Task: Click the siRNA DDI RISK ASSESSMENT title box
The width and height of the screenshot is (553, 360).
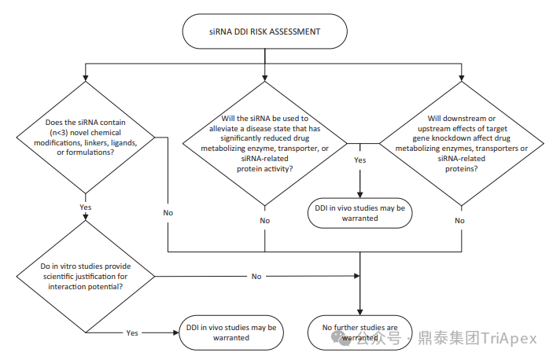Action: click(x=264, y=32)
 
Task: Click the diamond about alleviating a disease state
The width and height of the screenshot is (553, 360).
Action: click(x=264, y=143)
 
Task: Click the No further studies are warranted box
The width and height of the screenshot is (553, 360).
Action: click(x=359, y=332)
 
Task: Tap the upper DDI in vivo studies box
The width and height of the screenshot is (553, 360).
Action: click(x=359, y=213)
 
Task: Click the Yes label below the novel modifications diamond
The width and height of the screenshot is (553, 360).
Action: click(x=87, y=207)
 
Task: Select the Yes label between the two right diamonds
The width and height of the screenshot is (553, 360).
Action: click(x=359, y=160)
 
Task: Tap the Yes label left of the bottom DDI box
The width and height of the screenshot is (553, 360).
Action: click(x=133, y=332)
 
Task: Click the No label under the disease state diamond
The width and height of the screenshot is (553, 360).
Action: click(x=264, y=221)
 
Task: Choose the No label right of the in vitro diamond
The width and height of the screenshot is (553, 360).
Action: click(x=256, y=277)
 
